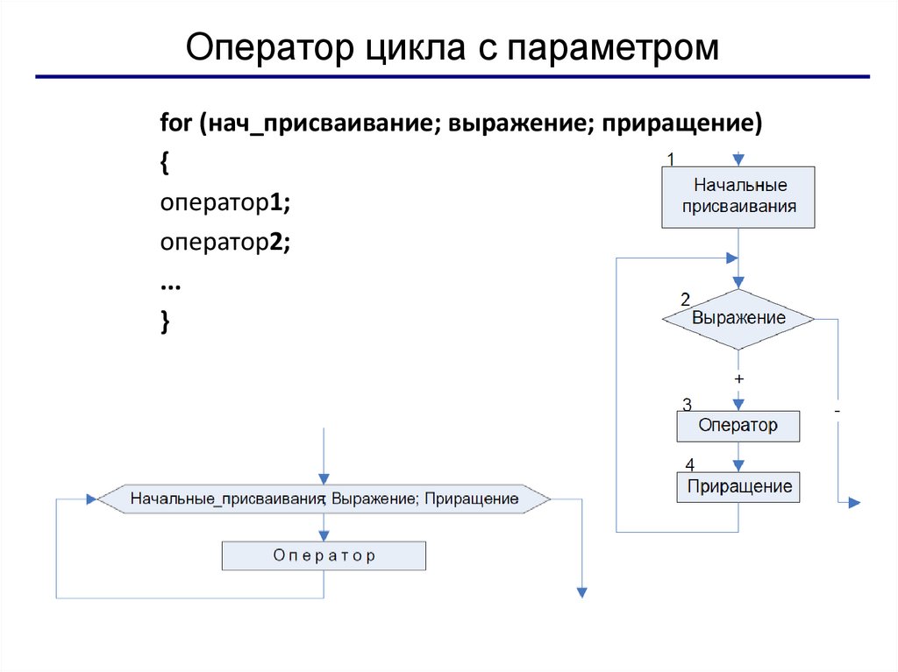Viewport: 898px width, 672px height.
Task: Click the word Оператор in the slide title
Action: (x=265, y=48)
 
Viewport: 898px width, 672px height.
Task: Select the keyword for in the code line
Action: (x=175, y=124)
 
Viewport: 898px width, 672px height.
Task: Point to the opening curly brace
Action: (x=165, y=163)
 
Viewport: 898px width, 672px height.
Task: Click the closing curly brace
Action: (x=165, y=322)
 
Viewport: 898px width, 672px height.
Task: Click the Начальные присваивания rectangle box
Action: (x=738, y=197)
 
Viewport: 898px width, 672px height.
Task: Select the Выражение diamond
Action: (x=738, y=318)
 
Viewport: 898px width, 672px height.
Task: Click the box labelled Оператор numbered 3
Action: (x=738, y=427)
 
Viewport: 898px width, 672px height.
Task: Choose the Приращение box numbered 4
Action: (x=738, y=486)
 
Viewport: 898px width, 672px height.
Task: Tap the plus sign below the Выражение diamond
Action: (x=739, y=378)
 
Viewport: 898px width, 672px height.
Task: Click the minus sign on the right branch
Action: (x=837, y=411)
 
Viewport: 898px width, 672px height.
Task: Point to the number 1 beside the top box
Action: (x=670, y=159)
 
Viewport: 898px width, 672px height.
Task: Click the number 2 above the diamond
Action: (x=685, y=298)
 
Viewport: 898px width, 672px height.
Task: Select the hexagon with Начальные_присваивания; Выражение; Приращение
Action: (x=324, y=499)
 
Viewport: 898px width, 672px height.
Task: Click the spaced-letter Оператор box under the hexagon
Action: (x=324, y=555)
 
